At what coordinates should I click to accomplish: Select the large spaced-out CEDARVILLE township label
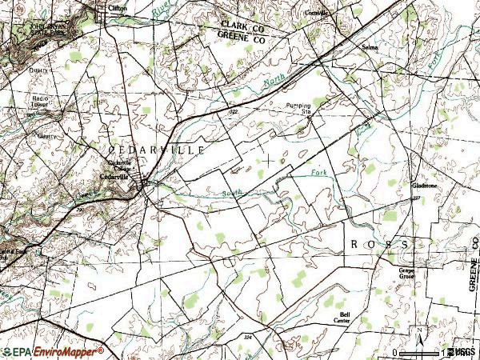pyautogui.click(x=157, y=150)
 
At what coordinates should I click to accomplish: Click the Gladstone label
pyautogui.click(x=424, y=186)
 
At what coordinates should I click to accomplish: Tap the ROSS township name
pyautogui.click(x=379, y=242)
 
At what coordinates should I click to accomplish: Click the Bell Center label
pyautogui.click(x=345, y=318)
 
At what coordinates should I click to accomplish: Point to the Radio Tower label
pyautogui.click(x=41, y=102)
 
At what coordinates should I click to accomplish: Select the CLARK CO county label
pyautogui.click(x=242, y=26)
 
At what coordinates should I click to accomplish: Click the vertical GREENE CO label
pyautogui.click(x=473, y=273)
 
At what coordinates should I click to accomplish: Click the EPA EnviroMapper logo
pyautogui.click(x=53, y=351)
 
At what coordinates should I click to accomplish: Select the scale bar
pyautogui.click(x=421, y=353)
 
